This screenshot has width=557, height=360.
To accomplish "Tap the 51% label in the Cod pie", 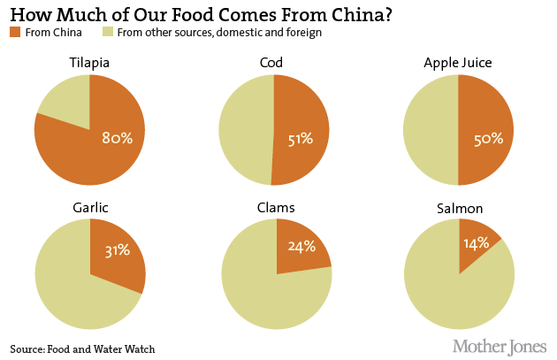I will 301,138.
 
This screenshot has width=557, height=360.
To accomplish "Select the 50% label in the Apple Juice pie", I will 488,138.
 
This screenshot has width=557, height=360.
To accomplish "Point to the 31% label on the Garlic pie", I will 116,250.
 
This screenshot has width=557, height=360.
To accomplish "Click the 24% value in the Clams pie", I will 301,247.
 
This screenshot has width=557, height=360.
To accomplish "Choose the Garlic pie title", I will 89,207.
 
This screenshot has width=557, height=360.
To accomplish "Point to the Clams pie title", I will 277,207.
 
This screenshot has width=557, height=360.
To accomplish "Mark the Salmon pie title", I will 459,207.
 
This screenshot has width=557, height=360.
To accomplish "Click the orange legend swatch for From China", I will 16,33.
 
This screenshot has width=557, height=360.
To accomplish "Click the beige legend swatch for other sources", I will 109,33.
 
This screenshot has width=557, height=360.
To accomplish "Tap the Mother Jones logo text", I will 500,345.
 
